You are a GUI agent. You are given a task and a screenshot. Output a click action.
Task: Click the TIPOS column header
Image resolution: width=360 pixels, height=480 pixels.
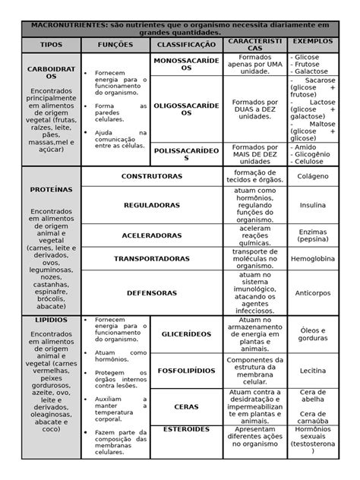point(52,45)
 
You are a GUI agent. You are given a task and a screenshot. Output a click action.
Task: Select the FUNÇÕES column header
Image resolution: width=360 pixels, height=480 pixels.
point(115,45)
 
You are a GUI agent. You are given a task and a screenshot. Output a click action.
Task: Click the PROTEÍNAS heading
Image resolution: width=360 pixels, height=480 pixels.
point(52,188)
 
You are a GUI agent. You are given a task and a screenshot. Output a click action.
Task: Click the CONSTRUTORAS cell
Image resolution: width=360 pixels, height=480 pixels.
point(152,176)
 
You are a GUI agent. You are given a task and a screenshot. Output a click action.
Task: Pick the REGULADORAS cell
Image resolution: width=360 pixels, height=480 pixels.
point(152,205)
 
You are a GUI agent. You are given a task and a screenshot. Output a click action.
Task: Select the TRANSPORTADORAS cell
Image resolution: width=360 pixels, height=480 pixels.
point(152,259)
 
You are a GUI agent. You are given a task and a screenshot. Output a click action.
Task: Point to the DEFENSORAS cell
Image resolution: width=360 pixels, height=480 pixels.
point(152,292)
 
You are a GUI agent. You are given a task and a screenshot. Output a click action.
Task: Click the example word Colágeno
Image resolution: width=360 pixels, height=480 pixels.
point(313,176)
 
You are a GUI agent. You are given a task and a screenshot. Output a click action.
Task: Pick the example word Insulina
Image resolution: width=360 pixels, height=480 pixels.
point(313,205)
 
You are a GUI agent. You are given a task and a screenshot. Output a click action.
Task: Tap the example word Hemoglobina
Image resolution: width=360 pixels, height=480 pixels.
point(313,259)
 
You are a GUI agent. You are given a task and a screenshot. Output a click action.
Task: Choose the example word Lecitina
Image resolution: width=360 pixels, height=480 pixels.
point(313,371)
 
